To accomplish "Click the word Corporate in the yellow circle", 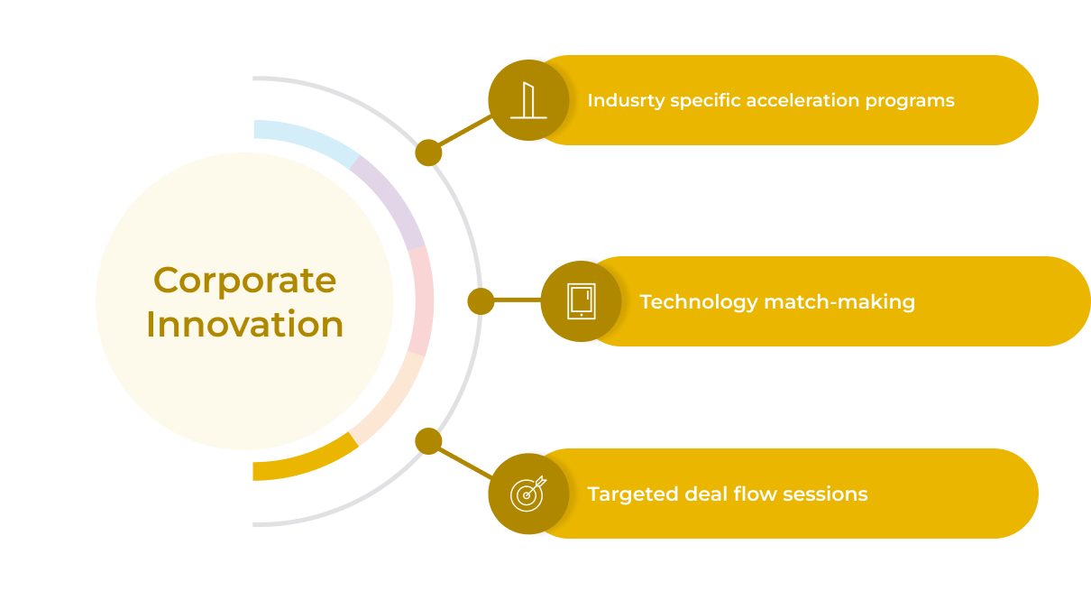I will [x=244, y=281].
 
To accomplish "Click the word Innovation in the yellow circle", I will [x=244, y=325].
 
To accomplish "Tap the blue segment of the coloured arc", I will [x=307, y=141].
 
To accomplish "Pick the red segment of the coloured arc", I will [x=420, y=300].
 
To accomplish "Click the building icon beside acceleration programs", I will [x=528, y=100].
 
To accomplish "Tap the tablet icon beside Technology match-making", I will [x=581, y=301].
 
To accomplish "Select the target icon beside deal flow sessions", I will [x=528, y=494].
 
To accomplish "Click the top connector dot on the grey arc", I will [x=428, y=152].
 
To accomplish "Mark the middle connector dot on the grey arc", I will [x=481, y=301].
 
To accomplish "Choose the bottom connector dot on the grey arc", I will [x=428, y=441].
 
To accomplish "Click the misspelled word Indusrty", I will [x=626, y=100].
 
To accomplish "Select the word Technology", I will [x=699, y=301].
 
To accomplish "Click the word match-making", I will [x=839, y=301].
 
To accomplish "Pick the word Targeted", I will [x=632, y=494].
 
